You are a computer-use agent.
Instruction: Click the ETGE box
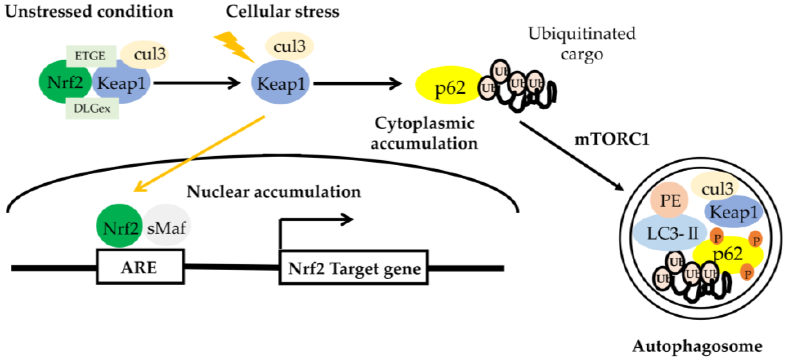click(x=91, y=56)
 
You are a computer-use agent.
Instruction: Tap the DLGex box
click(x=92, y=109)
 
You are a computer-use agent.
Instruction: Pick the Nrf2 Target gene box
click(x=353, y=268)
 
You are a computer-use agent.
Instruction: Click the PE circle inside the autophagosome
click(x=669, y=200)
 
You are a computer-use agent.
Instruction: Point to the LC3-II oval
click(x=669, y=233)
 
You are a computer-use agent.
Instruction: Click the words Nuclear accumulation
click(x=274, y=192)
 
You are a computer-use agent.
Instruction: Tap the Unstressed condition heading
click(x=89, y=12)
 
